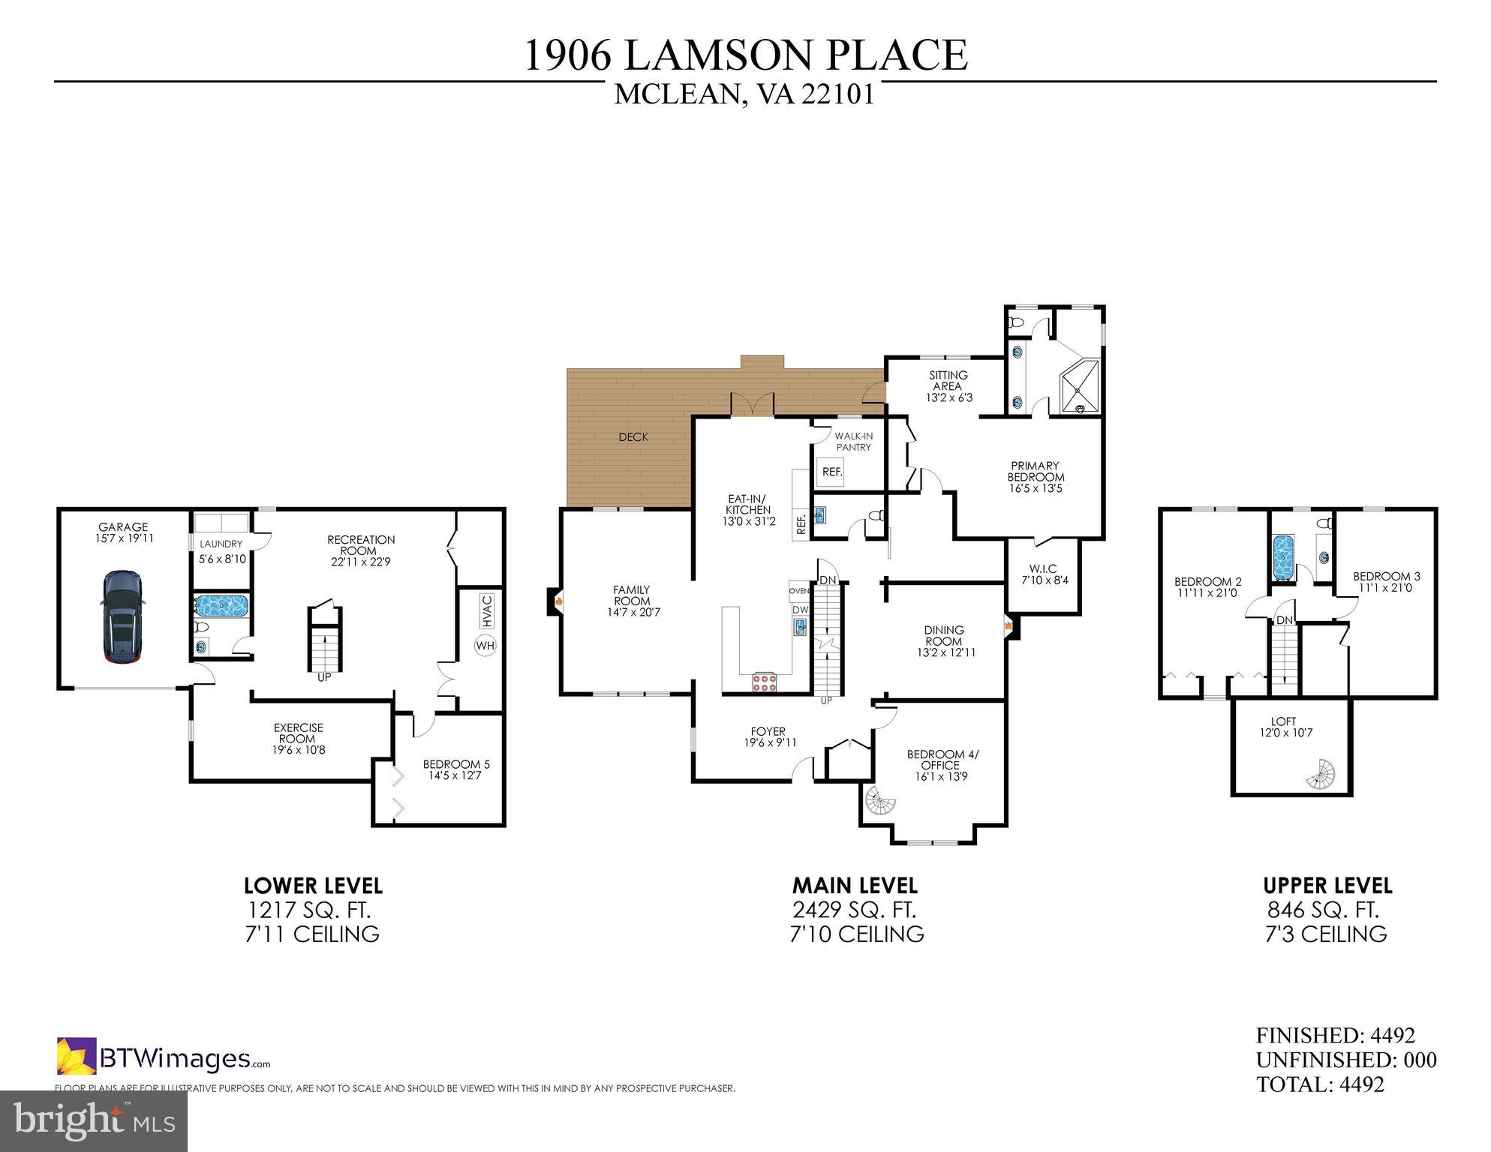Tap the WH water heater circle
485,645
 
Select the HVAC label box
485,610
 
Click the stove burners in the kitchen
765,682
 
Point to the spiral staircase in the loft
1321,775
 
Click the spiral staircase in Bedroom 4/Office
879,801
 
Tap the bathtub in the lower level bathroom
221,606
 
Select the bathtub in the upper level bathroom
1284,557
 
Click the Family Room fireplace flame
558,601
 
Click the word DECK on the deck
633,437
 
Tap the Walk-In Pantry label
854,441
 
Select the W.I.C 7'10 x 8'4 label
1043,574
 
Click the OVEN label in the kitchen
798,591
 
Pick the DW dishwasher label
799,610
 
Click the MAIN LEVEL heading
855,886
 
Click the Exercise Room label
298,733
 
